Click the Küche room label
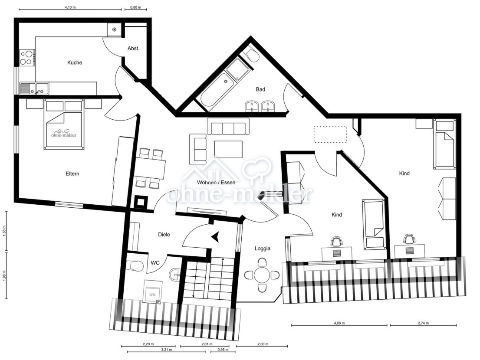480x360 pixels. pos(75,62)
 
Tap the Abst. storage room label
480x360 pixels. pos(133,49)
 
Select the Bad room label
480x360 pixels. pos(260,89)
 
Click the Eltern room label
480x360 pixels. pos(72,174)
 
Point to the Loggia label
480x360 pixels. pos(263,249)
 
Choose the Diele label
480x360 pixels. pos(164,235)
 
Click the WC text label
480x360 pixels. pos(155,263)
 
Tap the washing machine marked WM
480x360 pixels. pos(153,294)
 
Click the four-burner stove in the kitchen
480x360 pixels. pos(27,58)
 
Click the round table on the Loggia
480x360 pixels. pos(262,275)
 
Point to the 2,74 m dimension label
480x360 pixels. pos(423,323)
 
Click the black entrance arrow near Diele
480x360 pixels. pos(215,236)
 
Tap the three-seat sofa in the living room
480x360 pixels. pos(228,127)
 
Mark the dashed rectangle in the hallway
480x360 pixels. pos(331,134)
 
